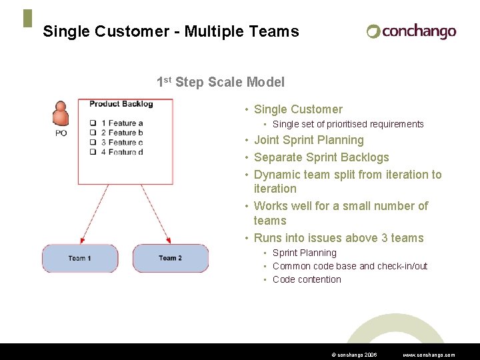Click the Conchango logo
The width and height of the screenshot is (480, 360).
click(411, 31)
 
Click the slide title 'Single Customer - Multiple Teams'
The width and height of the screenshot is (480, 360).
click(171, 31)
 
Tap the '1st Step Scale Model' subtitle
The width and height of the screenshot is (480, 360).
click(220, 83)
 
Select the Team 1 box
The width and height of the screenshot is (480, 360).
click(80, 258)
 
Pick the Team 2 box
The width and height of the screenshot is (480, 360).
click(171, 258)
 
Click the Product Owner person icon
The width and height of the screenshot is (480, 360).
click(61, 114)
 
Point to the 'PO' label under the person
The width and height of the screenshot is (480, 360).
click(61, 133)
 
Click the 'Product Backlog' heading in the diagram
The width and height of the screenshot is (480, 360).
click(121, 104)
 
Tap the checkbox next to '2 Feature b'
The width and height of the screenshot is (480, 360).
click(94, 133)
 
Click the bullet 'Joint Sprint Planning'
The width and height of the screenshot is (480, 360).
click(309, 140)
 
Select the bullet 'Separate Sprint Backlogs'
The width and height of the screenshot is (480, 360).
click(321, 157)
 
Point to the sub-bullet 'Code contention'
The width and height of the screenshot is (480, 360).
click(307, 279)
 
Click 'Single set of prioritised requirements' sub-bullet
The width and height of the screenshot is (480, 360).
click(348, 124)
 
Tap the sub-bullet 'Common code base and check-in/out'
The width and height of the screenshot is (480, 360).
click(350, 266)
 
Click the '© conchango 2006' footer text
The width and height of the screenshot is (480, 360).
click(354, 355)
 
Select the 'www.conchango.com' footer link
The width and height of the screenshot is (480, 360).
click(429, 355)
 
